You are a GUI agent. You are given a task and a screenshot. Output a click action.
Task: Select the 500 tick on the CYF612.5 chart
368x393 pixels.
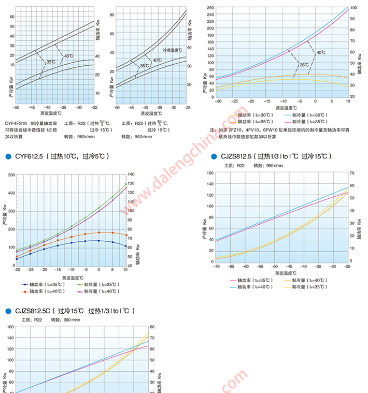click(11, 175)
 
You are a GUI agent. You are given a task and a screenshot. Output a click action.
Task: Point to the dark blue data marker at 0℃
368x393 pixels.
click(98, 241)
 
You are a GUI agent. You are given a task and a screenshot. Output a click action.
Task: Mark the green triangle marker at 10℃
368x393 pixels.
click(126, 184)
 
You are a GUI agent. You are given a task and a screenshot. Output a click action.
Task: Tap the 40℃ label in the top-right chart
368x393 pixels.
click(321, 52)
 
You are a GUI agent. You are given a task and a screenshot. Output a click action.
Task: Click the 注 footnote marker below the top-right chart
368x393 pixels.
click(213, 129)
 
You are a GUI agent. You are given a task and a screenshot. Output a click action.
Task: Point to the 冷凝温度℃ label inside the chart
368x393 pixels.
click(172, 50)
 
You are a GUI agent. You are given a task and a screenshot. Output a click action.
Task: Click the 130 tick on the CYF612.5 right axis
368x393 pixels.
click(131, 184)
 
